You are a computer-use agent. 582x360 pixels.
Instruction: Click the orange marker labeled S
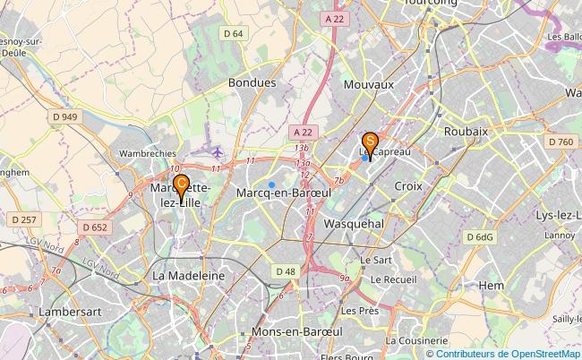pyautogui.click(x=369, y=141)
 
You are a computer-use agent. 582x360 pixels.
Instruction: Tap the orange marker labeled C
pyautogui.click(x=181, y=184)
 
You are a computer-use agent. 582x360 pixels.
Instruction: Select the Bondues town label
pyautogui.click(x=252, y=81)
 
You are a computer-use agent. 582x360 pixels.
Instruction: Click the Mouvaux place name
pyautogui.click(x=369, y=83)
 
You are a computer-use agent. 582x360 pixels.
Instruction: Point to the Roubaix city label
pyautogui.click(x=466, y=131)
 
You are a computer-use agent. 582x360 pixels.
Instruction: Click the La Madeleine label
pyautogui.click(x=190, y=276)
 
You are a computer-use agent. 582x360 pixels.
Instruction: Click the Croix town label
pyautogui.click(x=408, y=185)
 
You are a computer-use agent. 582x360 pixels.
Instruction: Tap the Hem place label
pyautogui.click(x=492, y=285)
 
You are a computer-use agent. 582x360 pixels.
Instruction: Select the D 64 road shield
pyautogui.click(x=234, y=34)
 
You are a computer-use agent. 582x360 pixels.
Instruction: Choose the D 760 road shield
pyautogui.click(x=561, y=141)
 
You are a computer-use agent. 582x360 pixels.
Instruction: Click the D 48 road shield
pyautogui.click(x=286, y=270)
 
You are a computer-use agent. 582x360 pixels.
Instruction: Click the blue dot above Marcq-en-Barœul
pyautogui.click(x=271, y=160)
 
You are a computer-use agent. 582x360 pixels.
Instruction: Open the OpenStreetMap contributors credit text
pyautogui.click(x=507, y=352)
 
